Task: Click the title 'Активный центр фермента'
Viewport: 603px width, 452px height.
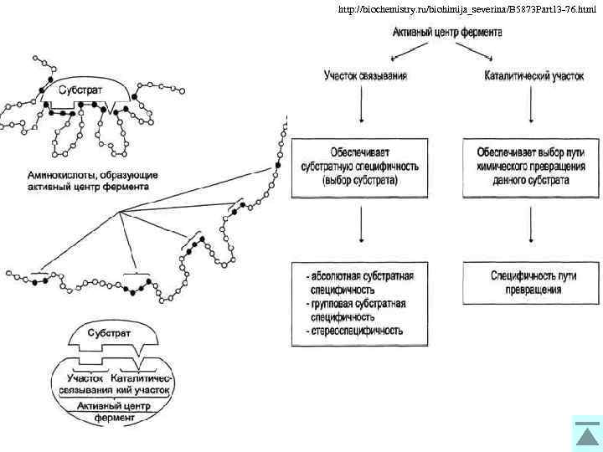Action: tap(448, 33)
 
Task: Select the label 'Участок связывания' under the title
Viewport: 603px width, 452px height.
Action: tap(366, 76)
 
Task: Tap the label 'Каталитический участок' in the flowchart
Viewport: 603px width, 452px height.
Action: tap(533, 76)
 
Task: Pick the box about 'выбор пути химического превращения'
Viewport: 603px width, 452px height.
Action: tap(531, 167)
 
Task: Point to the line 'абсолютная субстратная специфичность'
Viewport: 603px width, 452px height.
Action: tap(360, 281)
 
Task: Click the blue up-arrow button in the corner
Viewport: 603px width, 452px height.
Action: tap(586, 434)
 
